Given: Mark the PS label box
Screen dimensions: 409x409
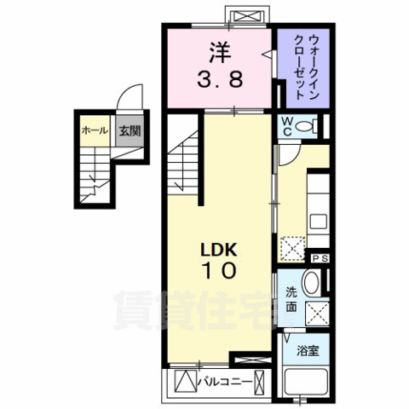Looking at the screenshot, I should [x=320, y=258].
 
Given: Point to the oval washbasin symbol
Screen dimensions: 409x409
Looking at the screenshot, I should [x=312, y=284].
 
